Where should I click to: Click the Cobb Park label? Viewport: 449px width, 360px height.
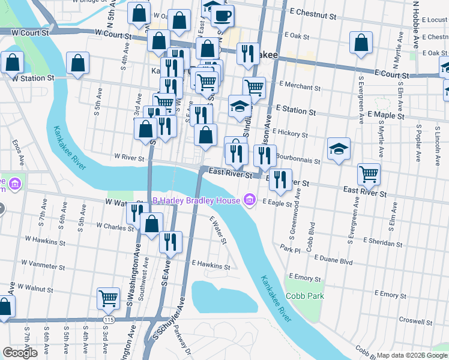305,296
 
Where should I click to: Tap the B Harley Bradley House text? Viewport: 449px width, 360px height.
196,200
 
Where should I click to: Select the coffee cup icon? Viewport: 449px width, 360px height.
223,16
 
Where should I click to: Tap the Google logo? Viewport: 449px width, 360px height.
20,353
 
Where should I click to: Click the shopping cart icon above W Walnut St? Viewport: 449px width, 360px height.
108,298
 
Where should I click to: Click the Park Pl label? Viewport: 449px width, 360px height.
289,247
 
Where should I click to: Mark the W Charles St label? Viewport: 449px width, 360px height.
115,226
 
